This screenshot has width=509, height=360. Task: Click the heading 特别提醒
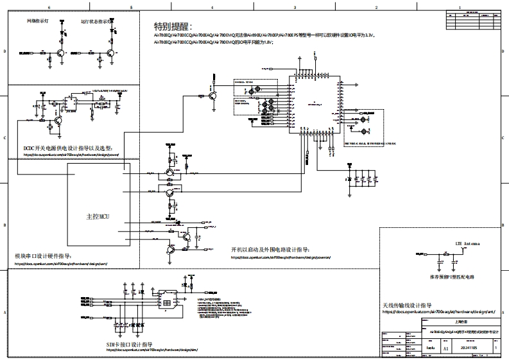click(173, 27)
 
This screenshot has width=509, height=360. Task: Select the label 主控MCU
click(97, 217)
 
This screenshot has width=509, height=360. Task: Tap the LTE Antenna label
click(467, 244)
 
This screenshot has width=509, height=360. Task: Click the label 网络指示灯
click(37, 21)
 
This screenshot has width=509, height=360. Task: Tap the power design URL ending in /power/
click(71, 155)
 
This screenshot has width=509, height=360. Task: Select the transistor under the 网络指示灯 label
click(59, 54)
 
